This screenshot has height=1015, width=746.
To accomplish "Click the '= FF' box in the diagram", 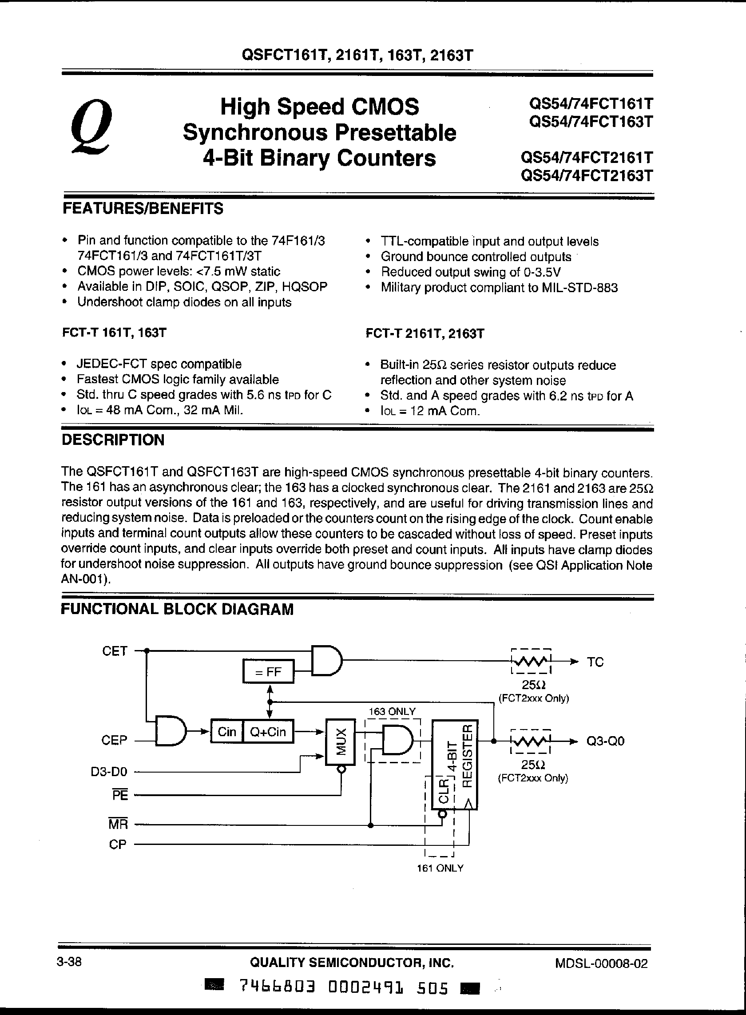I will pyautogui.click(x=268, y=672).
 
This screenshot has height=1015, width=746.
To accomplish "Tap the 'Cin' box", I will pyautogui.click(x=227, y=731).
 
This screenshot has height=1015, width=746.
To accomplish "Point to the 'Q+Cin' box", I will pyautogui.click(x=268, y=731).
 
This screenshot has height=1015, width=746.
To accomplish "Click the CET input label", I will pyautogui.click(x=115, y=651).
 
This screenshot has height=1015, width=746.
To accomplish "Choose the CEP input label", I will pyautogui.click(x=115, y=741).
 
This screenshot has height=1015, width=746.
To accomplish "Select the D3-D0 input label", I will pyautogui.click(x=109, y=772).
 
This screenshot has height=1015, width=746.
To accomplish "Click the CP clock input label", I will pyautogui.click(x=118, y=845).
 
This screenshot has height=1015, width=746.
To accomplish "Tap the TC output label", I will pyautogui.click(x=595, y=662).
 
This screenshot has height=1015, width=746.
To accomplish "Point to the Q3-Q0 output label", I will pyautogui.click(x=605, y=741).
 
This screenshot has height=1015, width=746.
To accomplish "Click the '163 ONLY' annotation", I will pyautogui.click(x=391, y=712).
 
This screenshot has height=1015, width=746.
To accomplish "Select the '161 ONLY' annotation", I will pyautogui.click(x=440, y=868).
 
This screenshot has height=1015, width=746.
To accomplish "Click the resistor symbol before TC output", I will pyautogui.click(x=531, y=662).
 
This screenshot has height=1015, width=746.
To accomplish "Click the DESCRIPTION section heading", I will pyautogui.click(x=113, y=440).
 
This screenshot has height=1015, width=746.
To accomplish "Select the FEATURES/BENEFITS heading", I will pyautogui.click(x=142, y=209).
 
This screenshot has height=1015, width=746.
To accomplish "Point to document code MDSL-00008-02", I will pyautogui.click(x=602, y=963).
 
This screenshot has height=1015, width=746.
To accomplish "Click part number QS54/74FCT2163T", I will pyautogui.click(x=587, y=175).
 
